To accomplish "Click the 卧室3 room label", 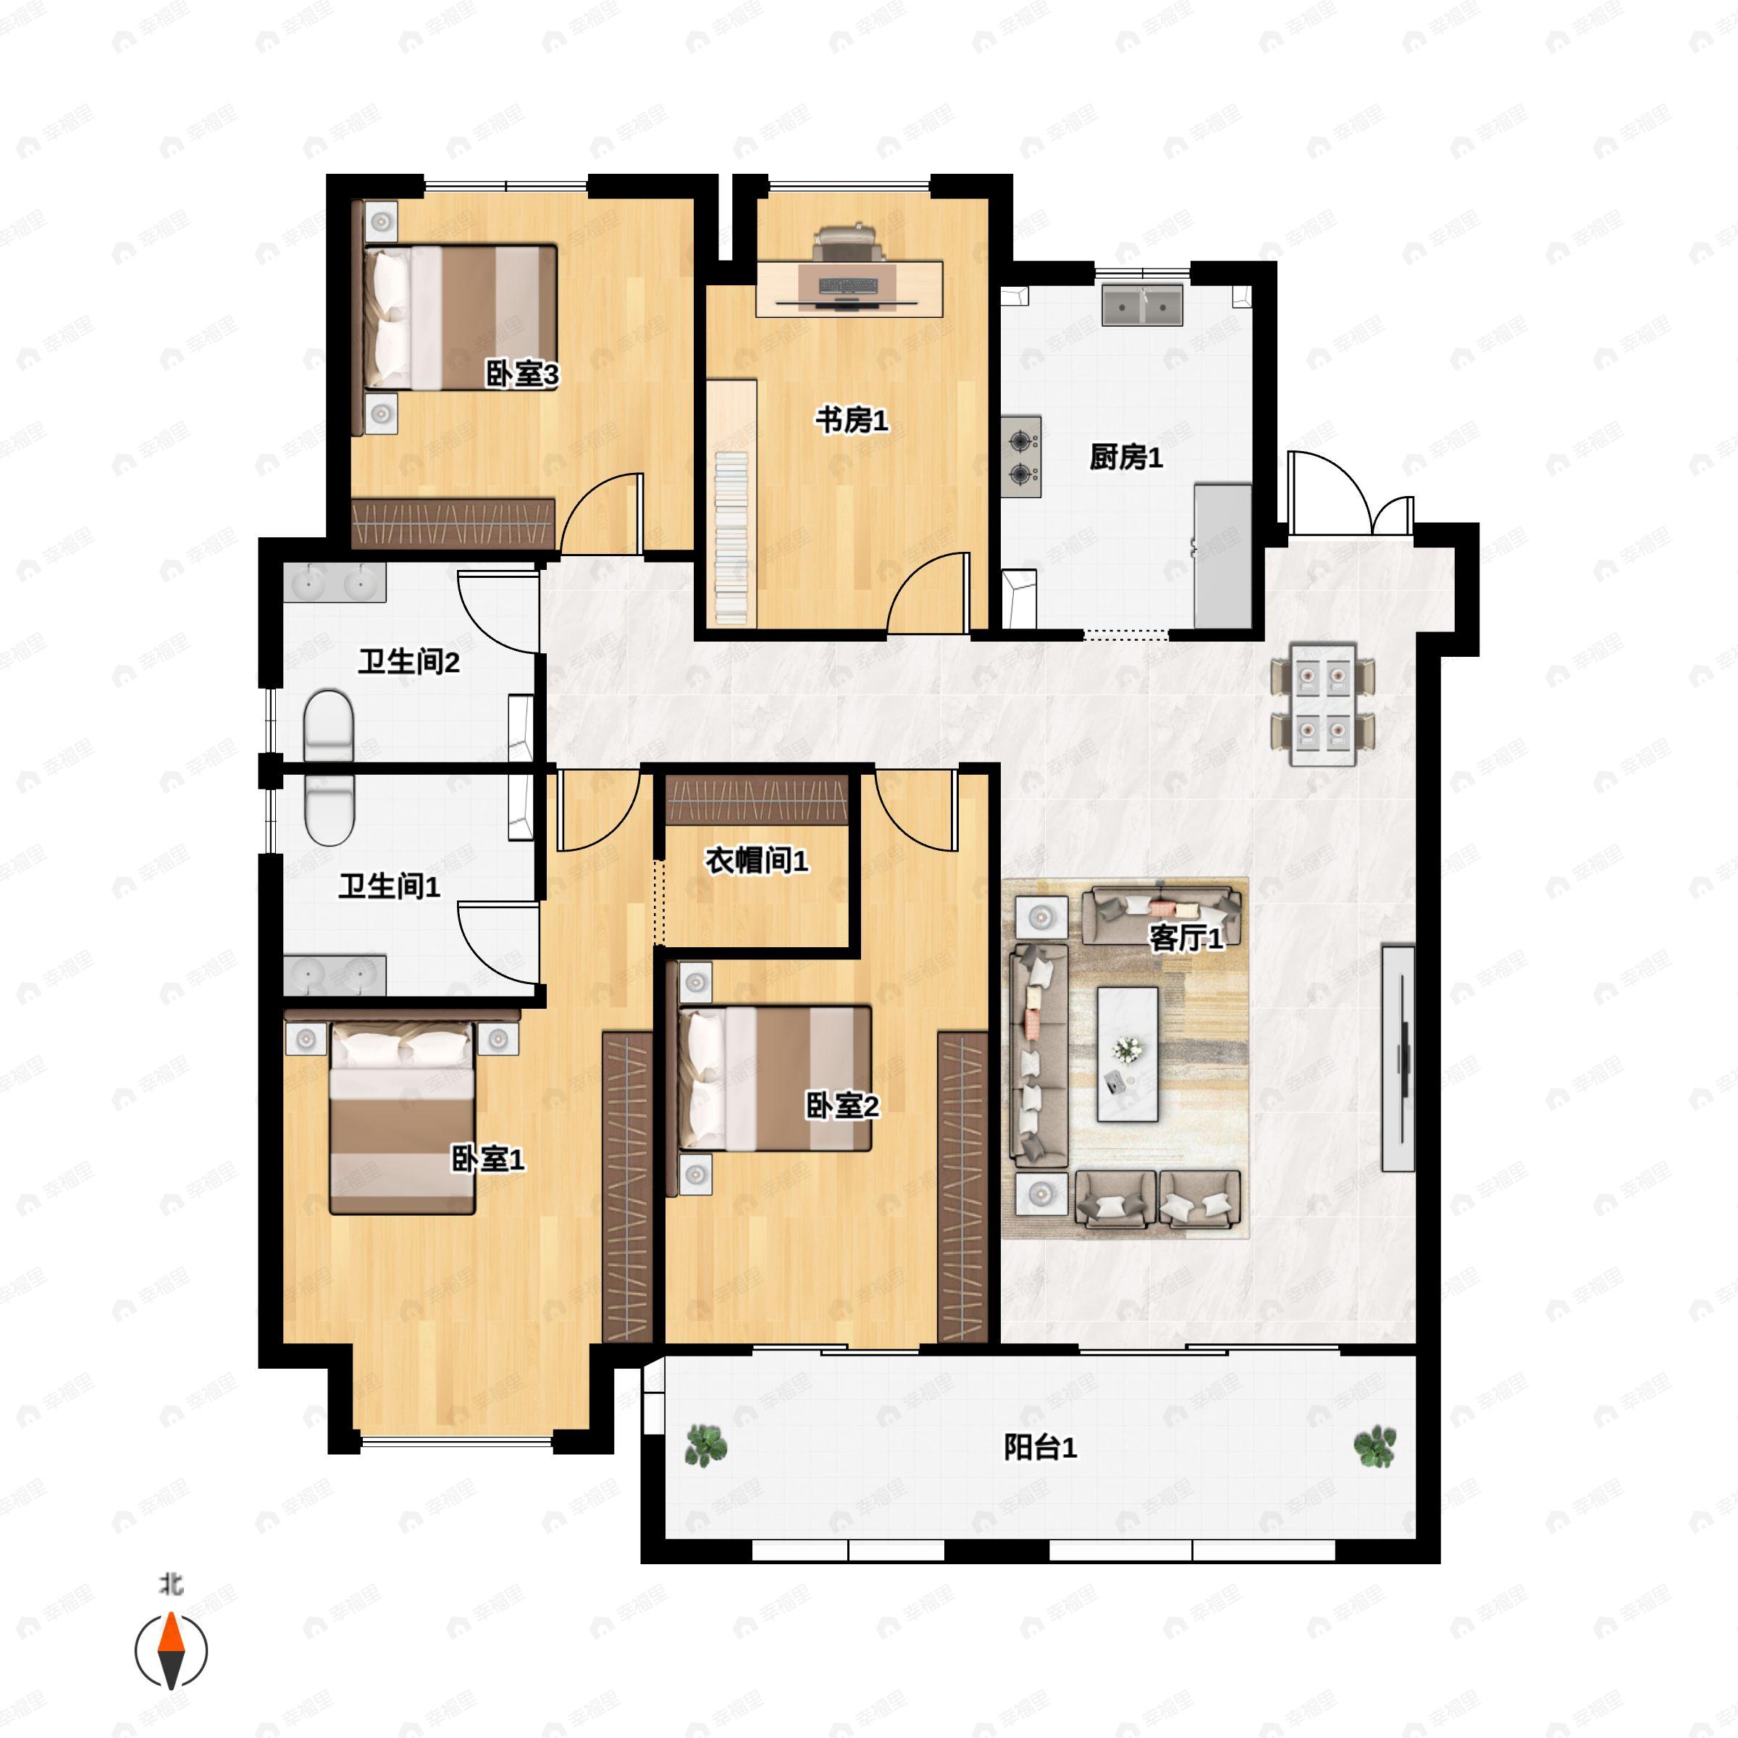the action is [521, 374].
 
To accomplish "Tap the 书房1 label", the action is [851, 420].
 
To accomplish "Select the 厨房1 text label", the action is [1125, 457].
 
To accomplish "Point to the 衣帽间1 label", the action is [757, 861].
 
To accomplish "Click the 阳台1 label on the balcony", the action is [1040, 1448].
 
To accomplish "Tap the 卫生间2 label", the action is [408, 662].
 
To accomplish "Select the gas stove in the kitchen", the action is [1021, 457].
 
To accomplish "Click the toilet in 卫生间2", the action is [328, 725].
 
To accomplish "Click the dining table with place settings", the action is [1322, 705].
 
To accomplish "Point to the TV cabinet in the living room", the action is [1398, 1058].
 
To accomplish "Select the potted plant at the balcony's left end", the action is [706, 1445].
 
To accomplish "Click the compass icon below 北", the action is [171, 1651].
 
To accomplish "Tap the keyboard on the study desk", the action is [848, 286].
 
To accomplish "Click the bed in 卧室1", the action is [402, 1118].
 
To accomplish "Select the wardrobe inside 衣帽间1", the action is [757, 799].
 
